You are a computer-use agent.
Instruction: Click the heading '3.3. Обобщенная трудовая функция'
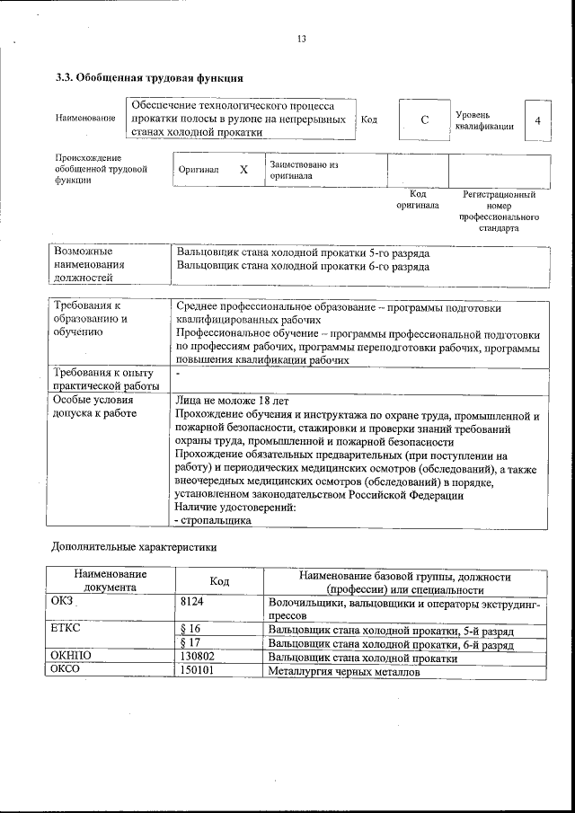tap(149, 79)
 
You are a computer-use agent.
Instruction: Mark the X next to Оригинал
tap(243, 169)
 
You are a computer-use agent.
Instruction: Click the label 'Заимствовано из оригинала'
tap(304, 171)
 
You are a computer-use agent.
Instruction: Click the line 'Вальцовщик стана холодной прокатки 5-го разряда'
tap(303, 252)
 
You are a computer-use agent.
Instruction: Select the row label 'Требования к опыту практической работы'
tap(104, 378)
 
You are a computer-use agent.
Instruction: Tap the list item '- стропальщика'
tap(212, 520)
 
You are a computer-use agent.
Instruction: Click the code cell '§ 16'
tap(190, 629)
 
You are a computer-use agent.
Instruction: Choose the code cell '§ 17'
tap(190, 642)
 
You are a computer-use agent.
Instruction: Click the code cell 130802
tap(197, 657)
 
